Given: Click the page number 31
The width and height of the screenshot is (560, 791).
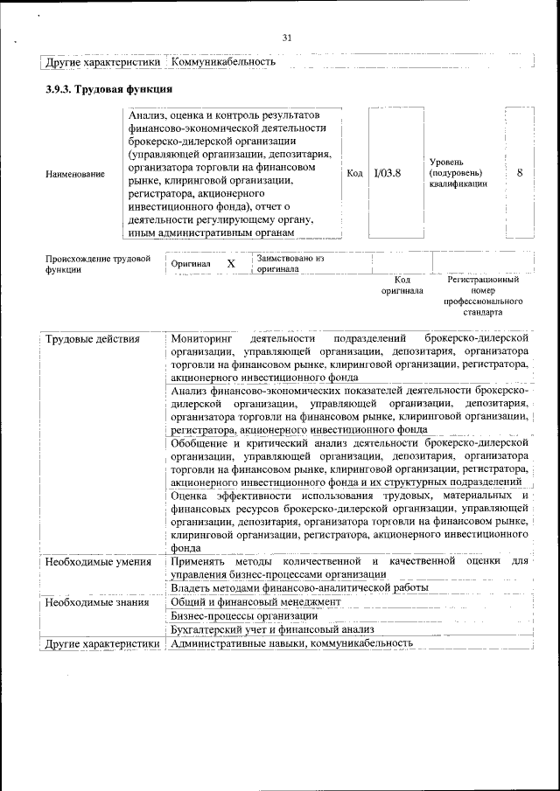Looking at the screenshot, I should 287,37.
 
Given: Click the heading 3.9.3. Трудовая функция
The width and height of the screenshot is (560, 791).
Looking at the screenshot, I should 108,89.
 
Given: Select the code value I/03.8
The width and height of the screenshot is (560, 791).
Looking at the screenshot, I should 387,173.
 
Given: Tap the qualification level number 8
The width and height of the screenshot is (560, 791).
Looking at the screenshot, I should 520,173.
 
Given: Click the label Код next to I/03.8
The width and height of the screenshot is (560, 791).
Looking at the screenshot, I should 354,173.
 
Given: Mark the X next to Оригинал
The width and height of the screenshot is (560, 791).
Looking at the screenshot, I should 231,263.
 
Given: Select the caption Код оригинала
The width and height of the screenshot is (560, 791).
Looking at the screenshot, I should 402,285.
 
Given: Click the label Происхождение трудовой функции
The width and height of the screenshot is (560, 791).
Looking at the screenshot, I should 97,264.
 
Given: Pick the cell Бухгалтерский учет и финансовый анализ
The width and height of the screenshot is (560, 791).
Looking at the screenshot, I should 273,629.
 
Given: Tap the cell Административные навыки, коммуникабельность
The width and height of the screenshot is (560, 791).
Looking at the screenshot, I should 291,643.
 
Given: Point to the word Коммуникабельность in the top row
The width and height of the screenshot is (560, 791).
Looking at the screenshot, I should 224,62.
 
